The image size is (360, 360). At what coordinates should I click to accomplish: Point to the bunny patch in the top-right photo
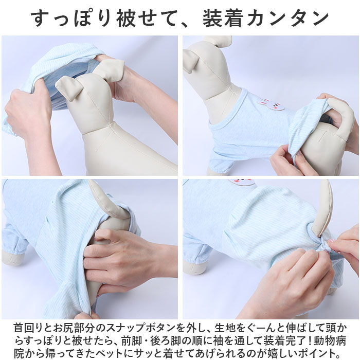pyautogui.click(x=271, y=105)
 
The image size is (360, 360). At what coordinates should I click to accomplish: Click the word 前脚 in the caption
pyautogui.click(x=132, y=341)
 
